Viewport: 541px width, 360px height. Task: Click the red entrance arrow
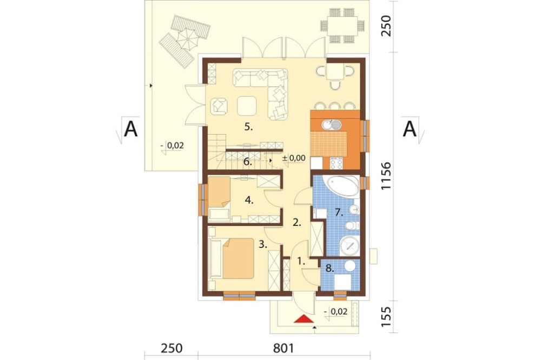point(304,319)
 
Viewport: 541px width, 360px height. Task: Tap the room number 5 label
point(248,127)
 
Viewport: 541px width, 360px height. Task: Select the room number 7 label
point(339,213)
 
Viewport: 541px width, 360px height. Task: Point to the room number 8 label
point(330,268)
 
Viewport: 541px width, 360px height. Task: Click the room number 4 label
point(249,200)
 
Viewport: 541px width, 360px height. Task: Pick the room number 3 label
point(263,245)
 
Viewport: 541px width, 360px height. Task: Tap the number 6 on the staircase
point(248,162)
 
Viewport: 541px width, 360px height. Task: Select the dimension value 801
point(283,348)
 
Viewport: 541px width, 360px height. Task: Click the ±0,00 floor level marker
point(294,158)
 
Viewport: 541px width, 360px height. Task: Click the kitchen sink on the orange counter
point(331,124)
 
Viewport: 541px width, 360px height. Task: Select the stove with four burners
point(337,163)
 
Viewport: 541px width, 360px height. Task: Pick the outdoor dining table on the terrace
point(342,25)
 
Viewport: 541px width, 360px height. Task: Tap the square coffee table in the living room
point(247,105)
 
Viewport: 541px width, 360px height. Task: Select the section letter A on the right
point(410,129)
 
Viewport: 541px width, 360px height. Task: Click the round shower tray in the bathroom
point(350,246)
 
